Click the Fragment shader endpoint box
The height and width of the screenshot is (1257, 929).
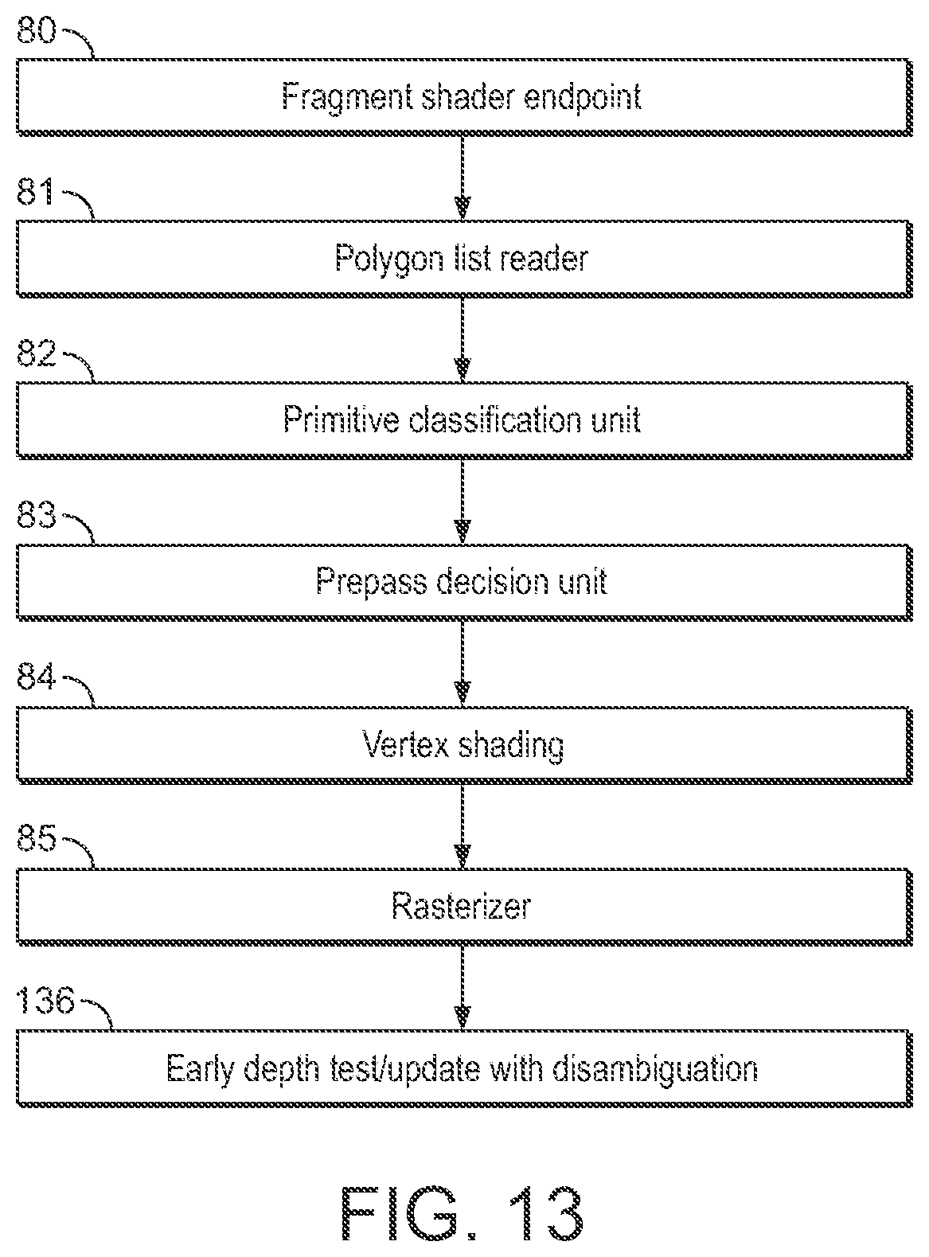(x=464, y=97)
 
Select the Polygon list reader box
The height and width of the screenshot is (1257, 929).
(x=464, y=259)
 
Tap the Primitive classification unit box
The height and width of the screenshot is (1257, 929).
(x=464, y=420)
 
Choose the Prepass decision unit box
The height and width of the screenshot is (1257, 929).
(x=464, y=583)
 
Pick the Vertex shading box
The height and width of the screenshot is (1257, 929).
(x=464, y=744)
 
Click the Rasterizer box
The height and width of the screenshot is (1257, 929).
(x=464, y=907)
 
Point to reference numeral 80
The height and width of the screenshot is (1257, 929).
(x=37, y=29)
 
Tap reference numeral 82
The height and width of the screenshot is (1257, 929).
(x=37, y=353)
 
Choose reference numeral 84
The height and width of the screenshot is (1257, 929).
(x=37, y=677)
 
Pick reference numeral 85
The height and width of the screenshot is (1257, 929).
(x=37, y=838)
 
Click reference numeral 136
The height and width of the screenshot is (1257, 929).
(x=45, y=1001)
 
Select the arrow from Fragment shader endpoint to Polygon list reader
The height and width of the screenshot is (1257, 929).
(x=463, y=178)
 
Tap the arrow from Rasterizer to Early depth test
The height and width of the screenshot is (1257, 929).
(x=463, y=988)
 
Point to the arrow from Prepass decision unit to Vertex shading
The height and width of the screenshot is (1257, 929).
(x=463, y=664)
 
